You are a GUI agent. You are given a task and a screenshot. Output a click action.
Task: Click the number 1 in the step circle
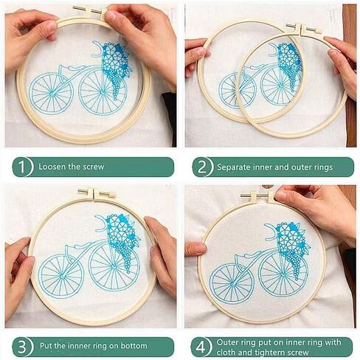22,167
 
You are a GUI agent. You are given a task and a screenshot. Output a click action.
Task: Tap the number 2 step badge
202,167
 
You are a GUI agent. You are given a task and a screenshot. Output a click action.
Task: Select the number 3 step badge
22,347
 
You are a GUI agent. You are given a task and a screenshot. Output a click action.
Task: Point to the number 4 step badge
201,347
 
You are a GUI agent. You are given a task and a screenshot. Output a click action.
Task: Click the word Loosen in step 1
52,167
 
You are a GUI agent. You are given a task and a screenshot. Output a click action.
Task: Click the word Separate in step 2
232,167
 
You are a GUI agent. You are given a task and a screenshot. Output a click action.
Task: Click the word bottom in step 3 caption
134,346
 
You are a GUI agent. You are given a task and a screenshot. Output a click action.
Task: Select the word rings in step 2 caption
323,167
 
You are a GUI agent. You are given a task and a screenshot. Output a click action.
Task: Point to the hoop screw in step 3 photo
97,193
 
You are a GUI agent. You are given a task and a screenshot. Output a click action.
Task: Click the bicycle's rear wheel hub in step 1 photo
52,94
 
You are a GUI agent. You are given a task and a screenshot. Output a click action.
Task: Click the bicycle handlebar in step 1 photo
98,49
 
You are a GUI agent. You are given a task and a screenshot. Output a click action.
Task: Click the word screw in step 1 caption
94,167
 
